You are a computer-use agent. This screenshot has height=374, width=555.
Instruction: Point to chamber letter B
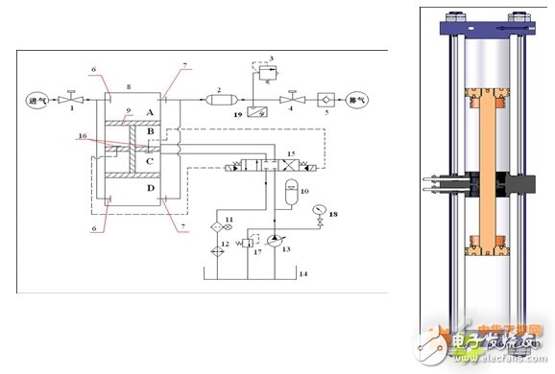tap(149, 132)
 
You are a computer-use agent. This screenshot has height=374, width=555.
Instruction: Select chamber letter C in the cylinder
tap(149, 161)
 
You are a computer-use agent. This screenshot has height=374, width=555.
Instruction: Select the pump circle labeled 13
tap(278, 237)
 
